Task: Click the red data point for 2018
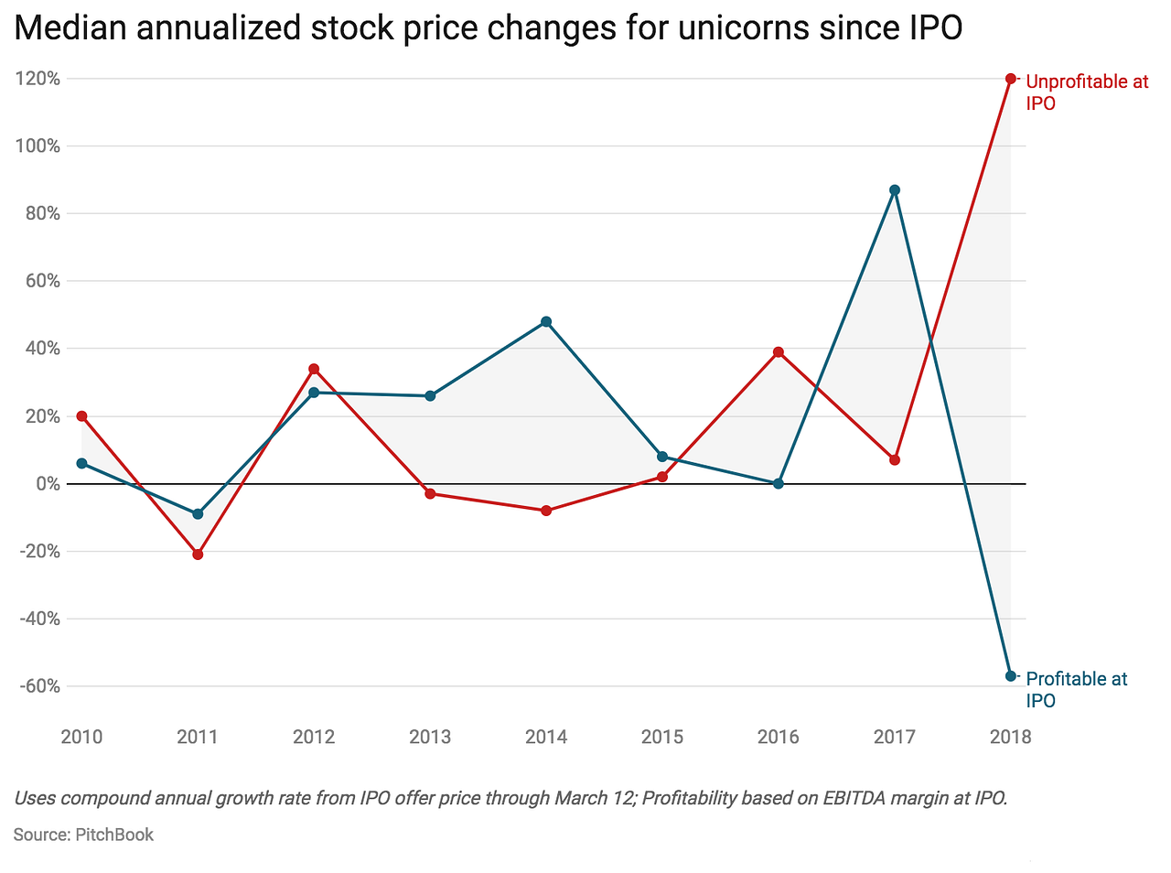[1011, 79]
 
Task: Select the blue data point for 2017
[895, 190]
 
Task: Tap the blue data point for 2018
[1011, 676]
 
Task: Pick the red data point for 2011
[198, 555]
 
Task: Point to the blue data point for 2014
[546, 322]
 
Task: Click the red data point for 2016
[779, 352]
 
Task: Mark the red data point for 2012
[314, 369]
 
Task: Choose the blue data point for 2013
[430, 396]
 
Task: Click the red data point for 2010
[81, 416]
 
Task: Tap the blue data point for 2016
[779, 483]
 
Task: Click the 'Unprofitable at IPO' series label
[1086, 92]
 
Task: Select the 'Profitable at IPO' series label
[1076, 690]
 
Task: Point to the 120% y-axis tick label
[38, 79]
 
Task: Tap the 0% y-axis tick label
[48, 484]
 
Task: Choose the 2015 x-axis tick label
[662, 737]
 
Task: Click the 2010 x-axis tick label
[81, 737]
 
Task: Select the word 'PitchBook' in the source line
[114, 835]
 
